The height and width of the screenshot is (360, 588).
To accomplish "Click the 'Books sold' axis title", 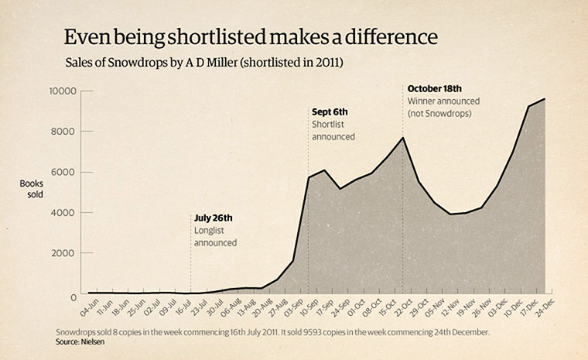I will pos(33,190).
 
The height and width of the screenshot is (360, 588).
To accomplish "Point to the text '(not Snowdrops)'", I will pos(439,114).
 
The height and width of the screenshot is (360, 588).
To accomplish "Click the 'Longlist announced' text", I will pos(215,236).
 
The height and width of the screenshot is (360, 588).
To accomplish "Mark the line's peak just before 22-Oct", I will pos(402,138).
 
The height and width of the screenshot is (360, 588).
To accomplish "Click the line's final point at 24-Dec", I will pos(545,98).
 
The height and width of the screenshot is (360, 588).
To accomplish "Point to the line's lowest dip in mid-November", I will pos(450,214).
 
